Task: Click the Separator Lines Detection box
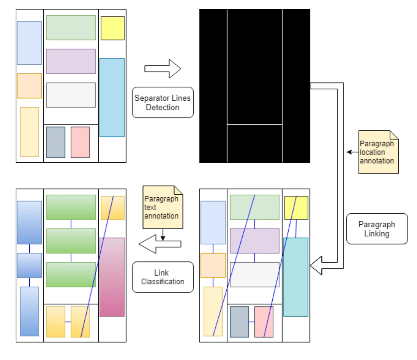point(163,102)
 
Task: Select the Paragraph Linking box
point(377,229)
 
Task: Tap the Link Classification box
point(163,277)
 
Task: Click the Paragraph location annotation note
point(378,152)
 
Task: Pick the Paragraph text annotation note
point(162,207)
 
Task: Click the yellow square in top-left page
point(112,28)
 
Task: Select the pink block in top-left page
point(80,142)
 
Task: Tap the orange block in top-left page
point(29,86)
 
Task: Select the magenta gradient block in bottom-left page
point(112,277)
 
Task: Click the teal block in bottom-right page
point(295,277)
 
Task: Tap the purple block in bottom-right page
point(254,241)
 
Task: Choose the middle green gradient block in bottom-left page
point(71,241)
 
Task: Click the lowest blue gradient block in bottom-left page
point(29,311)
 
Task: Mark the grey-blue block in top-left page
point(56,142)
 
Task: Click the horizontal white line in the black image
point(254,124)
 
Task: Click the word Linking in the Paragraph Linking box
point(377,234)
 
